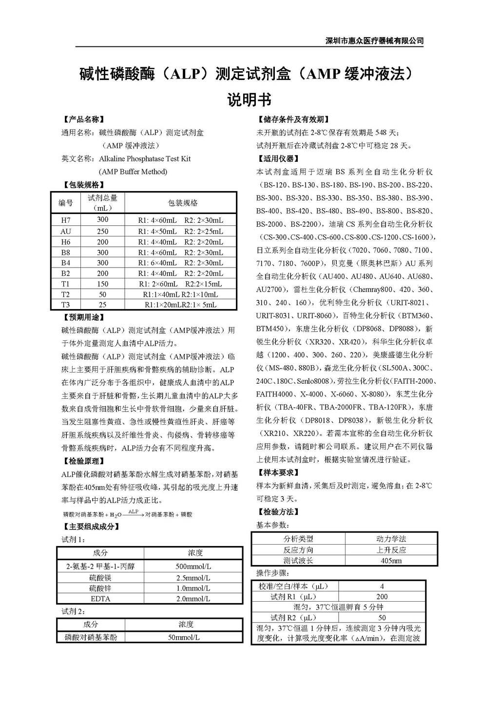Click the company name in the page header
374,41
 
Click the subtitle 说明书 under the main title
249,100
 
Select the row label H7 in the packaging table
66,220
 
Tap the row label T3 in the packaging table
66,305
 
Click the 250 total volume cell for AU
102,231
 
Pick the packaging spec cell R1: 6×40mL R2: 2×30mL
180,263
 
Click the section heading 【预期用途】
84,317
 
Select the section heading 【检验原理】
84,461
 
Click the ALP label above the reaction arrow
134,511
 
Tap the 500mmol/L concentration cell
193,567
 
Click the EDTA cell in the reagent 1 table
100,599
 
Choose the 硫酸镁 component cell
100,578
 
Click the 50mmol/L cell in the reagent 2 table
184,637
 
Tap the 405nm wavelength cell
391,561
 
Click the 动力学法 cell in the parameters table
391,539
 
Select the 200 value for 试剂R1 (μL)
382,596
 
